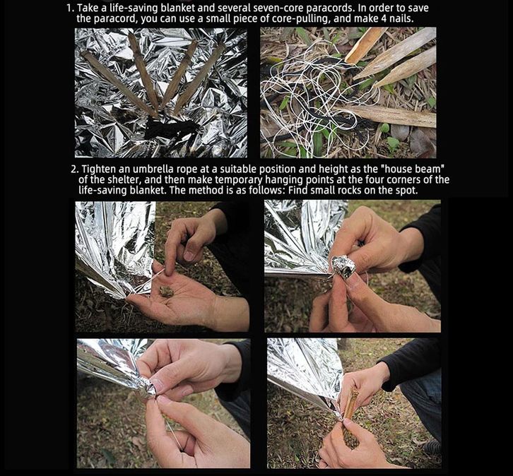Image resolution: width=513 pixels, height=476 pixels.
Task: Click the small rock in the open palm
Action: click(x=166, y=291)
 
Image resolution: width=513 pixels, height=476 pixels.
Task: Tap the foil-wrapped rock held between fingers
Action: click(x=343, y=266)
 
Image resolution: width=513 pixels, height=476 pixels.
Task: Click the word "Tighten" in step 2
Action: click(x=98, y=169)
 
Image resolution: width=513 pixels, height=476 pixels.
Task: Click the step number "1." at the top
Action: click(x=71, y=8)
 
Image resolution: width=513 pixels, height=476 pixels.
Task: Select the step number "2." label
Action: click(x=75, y=169)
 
